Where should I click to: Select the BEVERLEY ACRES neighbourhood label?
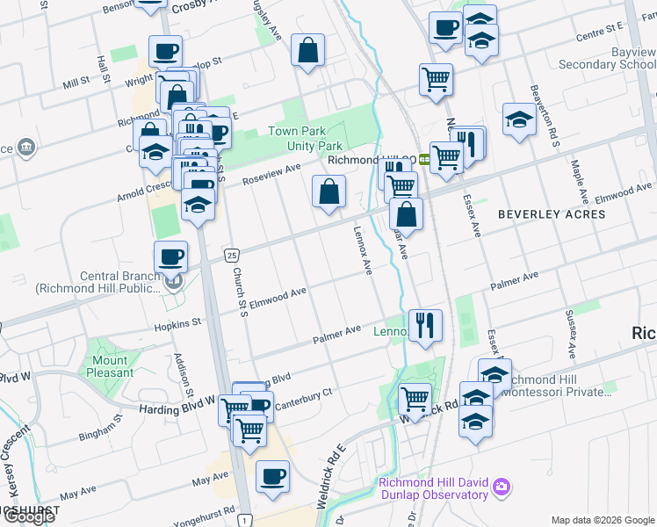[540, 213]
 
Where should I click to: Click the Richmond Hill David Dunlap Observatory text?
[433, 488]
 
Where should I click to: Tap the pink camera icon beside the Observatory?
[502, 486]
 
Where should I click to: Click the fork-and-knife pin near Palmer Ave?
[425, 324]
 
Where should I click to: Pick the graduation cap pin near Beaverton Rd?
[519, 119]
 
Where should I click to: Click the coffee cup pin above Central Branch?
[170, 256]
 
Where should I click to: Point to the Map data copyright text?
[603, 519]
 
